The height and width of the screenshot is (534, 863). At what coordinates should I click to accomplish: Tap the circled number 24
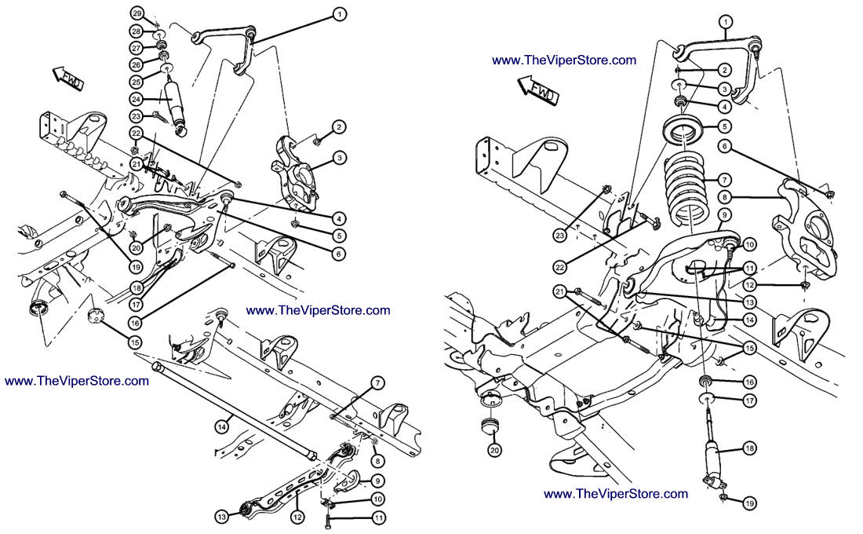[136, 100]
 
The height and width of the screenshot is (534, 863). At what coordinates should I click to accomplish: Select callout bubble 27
[136, 49]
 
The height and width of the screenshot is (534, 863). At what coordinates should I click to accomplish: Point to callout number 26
[136, 64]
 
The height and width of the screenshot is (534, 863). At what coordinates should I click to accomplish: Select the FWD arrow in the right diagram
[537, 88]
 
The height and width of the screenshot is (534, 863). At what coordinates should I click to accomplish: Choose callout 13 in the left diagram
[224, 516]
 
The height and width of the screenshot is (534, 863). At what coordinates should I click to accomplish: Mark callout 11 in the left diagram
[379, 518]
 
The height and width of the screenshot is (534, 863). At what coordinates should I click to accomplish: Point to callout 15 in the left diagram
[136, 342]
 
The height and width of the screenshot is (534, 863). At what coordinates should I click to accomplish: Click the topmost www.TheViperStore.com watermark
[564, 60]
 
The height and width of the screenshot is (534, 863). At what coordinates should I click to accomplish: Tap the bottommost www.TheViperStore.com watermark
[616, 493]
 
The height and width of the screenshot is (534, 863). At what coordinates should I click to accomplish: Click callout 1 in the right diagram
[726, 22]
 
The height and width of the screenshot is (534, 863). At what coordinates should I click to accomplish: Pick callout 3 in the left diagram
[339, 158]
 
